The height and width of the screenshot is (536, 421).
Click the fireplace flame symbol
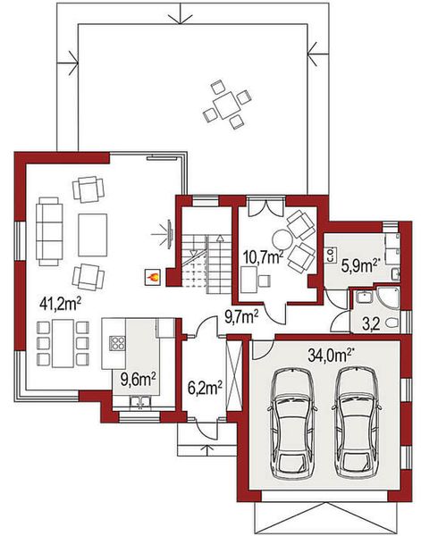pos(152,277)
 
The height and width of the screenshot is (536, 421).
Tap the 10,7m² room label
pos(263,258)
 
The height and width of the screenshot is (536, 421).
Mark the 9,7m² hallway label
pos(241,315)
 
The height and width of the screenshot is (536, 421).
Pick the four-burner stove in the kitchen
pos(118,342)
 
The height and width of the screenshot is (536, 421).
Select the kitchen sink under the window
pos(139,405)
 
